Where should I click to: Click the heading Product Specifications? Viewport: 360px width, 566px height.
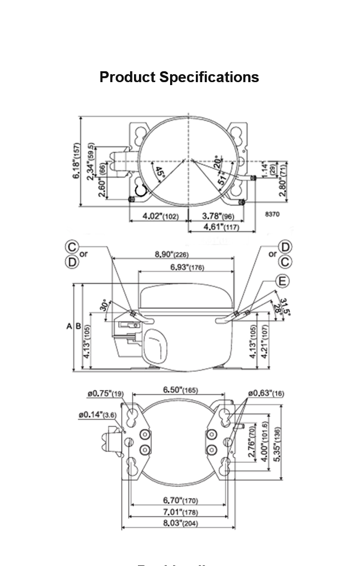click(179, 77)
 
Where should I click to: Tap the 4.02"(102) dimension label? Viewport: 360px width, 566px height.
click(161, 216)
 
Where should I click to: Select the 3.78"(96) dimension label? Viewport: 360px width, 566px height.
click(218, 216)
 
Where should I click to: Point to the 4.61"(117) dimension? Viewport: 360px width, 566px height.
click(222, 227)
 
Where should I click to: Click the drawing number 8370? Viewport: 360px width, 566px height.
click(273, 214)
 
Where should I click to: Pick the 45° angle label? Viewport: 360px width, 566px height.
click(159, 173)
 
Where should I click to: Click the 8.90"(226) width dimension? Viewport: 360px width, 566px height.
click(172, 254)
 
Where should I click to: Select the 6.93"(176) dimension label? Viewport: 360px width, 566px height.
click(186, 268)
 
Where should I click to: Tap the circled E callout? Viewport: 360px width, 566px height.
click(282, 282)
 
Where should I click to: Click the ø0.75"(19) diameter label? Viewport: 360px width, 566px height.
click(106, 394)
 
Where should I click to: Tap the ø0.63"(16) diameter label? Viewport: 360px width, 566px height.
click(266, 393)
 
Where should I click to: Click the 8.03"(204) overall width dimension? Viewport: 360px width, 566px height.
click(180, 523)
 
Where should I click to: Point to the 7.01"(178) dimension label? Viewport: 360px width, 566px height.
click(180, 512)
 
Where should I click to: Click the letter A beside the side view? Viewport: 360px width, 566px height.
click(69, 327)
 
